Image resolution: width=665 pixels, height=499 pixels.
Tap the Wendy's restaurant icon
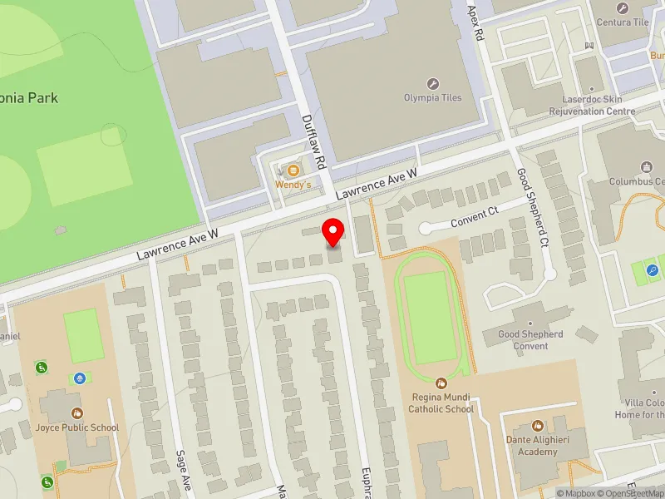[292, 170]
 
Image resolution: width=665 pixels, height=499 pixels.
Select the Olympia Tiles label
[433, 97]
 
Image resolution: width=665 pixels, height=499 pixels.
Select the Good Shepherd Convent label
[530, 340]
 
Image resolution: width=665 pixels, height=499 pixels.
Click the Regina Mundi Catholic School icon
[442, 386]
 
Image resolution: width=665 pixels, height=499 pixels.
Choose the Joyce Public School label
[78, 427]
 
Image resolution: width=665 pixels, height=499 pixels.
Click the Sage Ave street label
[183, 470]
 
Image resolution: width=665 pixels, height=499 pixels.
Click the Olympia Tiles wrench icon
[433, 83]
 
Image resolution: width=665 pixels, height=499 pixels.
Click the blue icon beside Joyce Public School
[79, 378]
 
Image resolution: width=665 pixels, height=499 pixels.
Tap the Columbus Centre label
[637, 180]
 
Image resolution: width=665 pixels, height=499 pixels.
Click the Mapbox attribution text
[574, 493]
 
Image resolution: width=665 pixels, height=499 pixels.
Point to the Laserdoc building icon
[591, 86]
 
